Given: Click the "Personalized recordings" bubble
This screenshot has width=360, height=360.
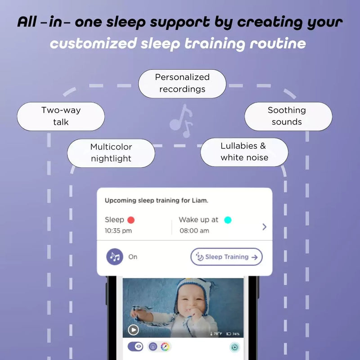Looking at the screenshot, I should pos(182,83).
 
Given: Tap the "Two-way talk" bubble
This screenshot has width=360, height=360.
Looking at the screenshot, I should pos(61,116).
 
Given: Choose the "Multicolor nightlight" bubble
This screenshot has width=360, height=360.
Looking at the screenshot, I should pos(111,153).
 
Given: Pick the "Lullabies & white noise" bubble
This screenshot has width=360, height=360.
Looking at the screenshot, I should pos(244,152).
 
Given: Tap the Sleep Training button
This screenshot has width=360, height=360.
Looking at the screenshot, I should pos(226,257).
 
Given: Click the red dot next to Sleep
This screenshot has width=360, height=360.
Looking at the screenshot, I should pos(131,220).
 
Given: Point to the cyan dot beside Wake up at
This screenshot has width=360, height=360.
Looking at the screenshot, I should pos(228,220).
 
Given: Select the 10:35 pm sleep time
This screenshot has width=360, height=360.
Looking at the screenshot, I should pos(118,231).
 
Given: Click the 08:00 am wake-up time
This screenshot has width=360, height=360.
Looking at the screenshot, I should pos(194,231).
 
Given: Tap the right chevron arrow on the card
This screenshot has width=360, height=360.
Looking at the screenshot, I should pos(264,226).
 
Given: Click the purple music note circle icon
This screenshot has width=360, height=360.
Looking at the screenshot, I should pos(115,257).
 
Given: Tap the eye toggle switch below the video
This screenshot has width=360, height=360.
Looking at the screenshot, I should pos(135,346).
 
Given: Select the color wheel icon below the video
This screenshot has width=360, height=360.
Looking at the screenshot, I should pos(166,347).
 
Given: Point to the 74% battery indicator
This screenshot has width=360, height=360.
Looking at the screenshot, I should pos(233,334).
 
